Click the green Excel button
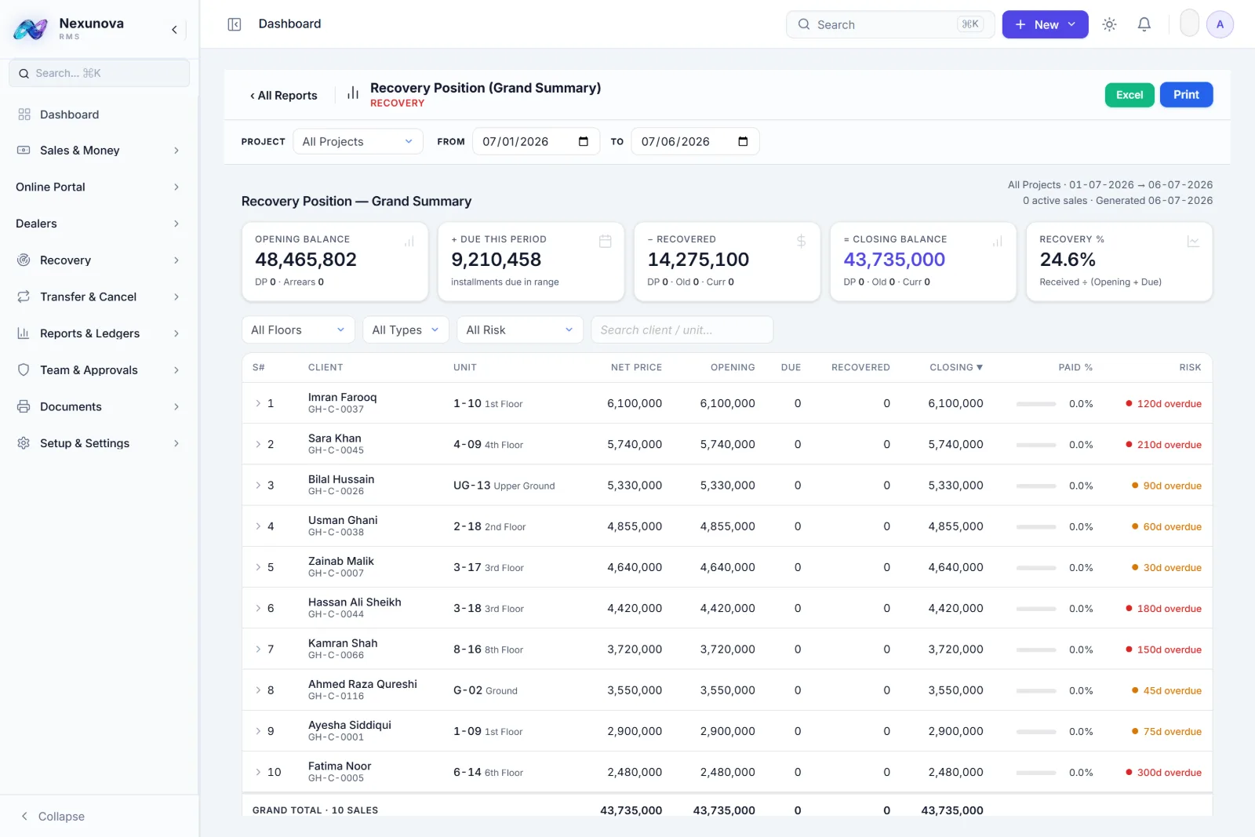click(1129, 95)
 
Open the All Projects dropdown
click(358, 141)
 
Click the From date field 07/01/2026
click(536, 141)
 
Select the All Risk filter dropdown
click(519, 330)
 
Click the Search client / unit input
click(682, 330)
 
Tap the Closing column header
click(956, 368)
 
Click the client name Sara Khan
click(334, 438)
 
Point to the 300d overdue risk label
click(1169, 772)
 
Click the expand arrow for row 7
click(258, 650)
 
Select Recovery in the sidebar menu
click(65, 260)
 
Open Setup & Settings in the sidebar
click(85, 443)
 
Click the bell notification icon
click(1144, 24)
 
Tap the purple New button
click(1045, 24)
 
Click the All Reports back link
click(283, 95)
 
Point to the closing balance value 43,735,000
click(894, 260)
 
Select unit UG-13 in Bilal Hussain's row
click(471, 485)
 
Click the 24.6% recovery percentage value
click(1068, 260)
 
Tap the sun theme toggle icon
click(1109, 24)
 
